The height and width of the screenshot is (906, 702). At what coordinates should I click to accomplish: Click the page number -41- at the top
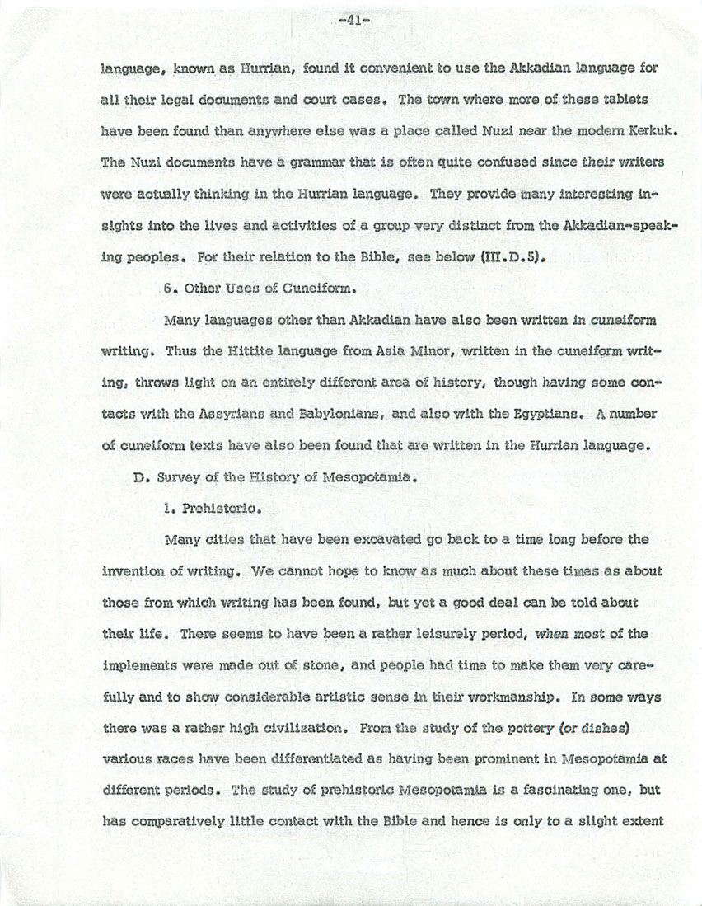[351, 22]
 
